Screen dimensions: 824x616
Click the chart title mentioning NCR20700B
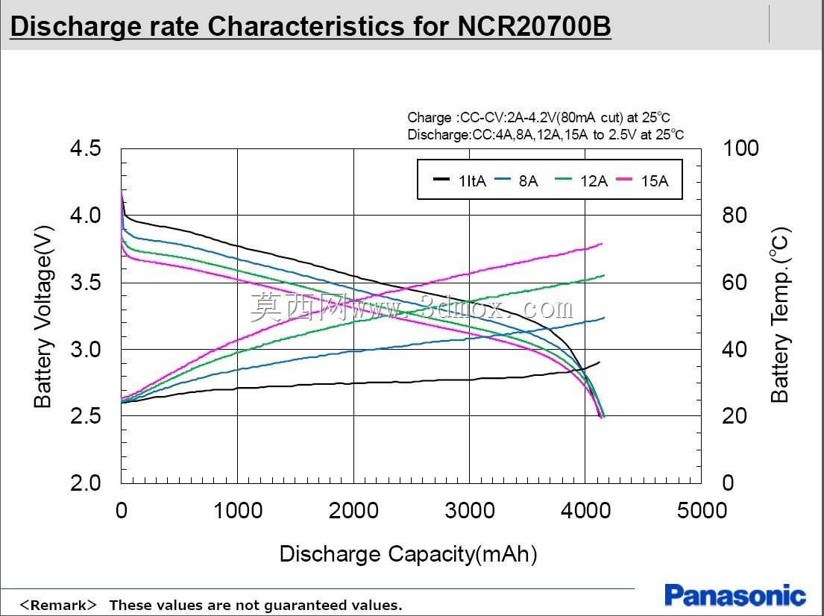coord(310,27)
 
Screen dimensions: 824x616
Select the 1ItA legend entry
coord(460,180)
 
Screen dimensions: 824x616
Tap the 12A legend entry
coord(581,180)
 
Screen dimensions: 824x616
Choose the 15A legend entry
coord(642,180)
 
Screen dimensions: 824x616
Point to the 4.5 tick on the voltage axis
coord(85,148)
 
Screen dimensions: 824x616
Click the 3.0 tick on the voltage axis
coord(85,350)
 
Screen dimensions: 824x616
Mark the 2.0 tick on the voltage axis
coord(85,483)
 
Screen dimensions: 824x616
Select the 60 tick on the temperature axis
coord(735,283)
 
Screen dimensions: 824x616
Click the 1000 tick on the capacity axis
coord(238,510)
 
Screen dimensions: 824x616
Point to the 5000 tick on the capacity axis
coord(702,510)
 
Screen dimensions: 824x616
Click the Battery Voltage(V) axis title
coord(43,317)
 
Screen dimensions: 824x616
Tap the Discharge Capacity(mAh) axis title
coord(409,555)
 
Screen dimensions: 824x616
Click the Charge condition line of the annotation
coord(538,118)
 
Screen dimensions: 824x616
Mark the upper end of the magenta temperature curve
coord(602,244)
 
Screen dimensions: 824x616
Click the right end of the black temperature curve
coord(600,362)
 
